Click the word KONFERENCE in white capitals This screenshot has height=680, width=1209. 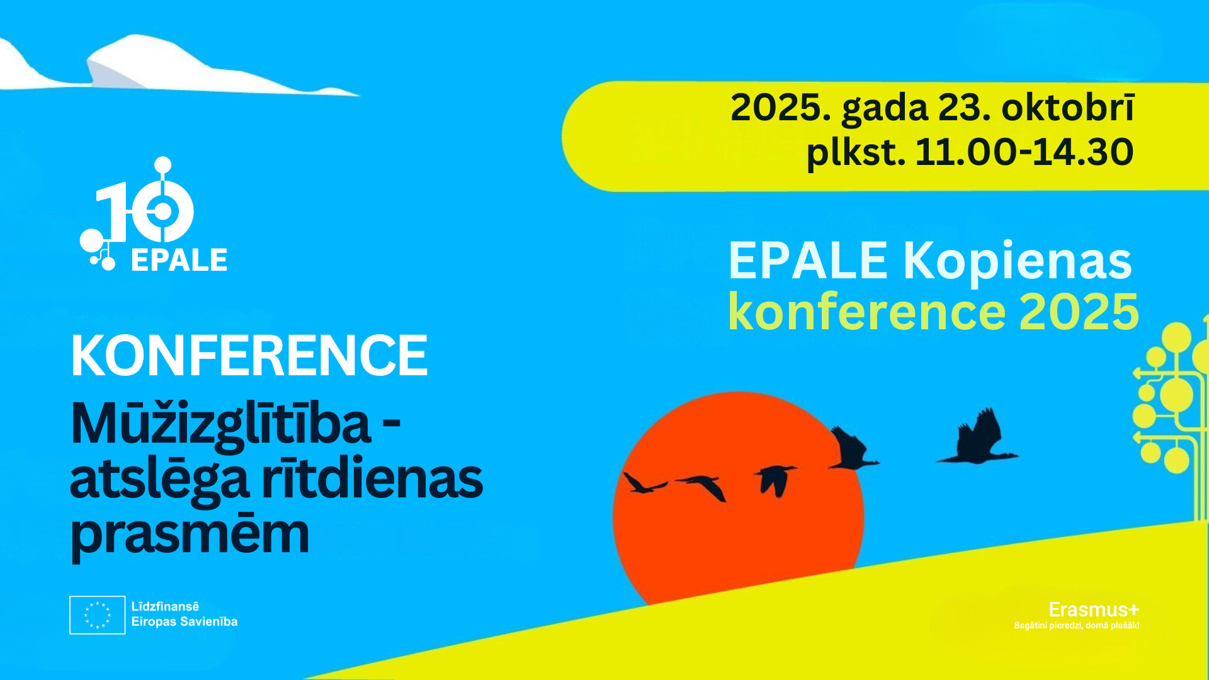249,355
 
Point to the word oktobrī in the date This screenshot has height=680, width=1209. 1068,107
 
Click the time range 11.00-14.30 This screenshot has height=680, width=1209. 1025,152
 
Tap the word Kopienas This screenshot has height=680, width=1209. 1018,262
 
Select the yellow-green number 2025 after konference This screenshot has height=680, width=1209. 1079,312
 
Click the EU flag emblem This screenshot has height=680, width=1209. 97,615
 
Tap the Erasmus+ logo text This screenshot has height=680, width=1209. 1094,609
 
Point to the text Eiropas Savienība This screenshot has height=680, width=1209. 184,621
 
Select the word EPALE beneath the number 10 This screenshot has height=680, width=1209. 179,260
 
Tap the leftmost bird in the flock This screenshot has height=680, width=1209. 644,484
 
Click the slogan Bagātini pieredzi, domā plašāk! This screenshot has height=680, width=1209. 1076,626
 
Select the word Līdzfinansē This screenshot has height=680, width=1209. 165,606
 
